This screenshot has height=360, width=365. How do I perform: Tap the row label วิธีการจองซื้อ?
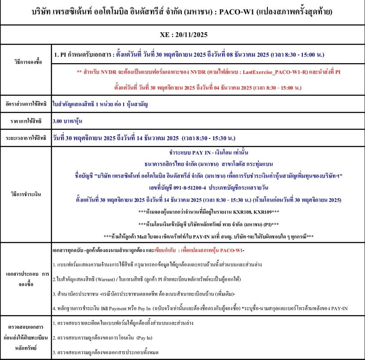[x=28, y=62]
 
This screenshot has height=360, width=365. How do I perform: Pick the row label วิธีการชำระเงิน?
[x=28, y=194]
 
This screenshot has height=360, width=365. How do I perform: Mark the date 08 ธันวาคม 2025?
[x=250, y=55]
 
